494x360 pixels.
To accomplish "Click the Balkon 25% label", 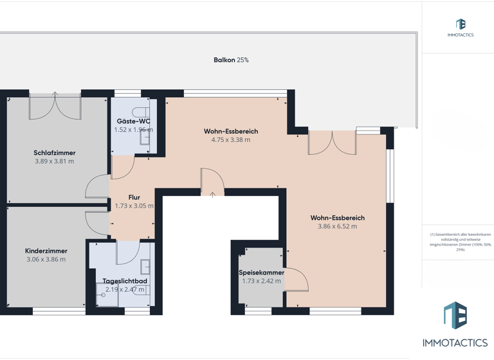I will point(231,60).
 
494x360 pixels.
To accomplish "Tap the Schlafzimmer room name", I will point(55,153).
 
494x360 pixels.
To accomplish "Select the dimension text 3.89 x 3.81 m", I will point(55,161).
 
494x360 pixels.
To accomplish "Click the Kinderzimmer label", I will point(46,251).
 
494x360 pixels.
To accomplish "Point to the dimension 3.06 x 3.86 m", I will point(46,259).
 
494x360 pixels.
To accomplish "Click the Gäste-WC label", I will point(133,121).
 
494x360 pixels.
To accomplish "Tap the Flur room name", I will point(134,197).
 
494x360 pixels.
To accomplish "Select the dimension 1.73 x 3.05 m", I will point(134,206).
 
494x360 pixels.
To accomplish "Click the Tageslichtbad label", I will point(125,282).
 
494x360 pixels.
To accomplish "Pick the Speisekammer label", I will point(261,273).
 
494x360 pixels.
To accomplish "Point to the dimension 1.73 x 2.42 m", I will point(261,281).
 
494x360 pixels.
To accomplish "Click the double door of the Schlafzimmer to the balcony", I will point(55,106).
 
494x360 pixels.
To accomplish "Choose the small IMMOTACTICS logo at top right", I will point(460,28).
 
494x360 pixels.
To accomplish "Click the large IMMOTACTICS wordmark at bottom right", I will point(455,343).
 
